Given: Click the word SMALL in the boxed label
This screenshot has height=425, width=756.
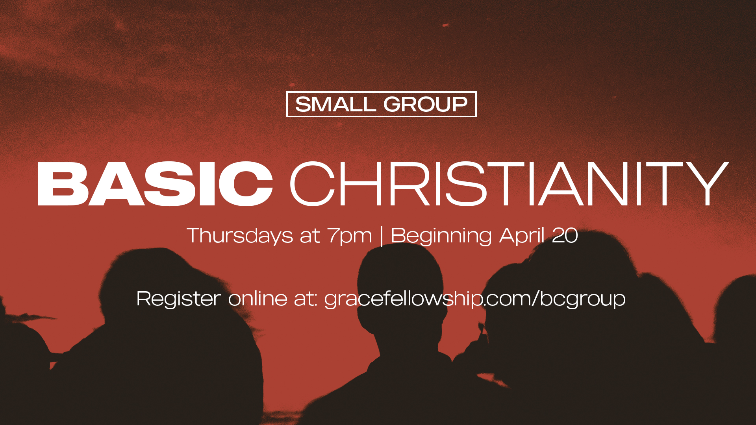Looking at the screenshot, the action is click(335, 104).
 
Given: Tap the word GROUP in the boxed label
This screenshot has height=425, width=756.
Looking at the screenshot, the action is click(425, 104).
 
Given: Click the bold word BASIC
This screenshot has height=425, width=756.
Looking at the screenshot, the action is click(156, 184).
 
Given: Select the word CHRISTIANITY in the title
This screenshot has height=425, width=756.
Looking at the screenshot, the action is click(509, 184).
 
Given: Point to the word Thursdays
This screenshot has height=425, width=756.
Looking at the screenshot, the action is click(240, 236).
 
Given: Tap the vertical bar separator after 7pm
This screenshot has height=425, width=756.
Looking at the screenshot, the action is click(382, 236).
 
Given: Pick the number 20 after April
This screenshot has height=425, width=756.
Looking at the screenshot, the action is click(565, 235).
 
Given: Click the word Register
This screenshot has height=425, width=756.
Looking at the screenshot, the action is click(179, 299).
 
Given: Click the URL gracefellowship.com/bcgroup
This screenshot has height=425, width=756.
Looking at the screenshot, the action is click(475, 299).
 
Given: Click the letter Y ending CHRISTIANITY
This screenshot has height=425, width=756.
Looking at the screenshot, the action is click(708, 184).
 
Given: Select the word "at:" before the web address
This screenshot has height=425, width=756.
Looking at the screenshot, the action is click(306, 299).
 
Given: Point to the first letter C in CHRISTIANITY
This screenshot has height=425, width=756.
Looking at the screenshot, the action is click(312, 184).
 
